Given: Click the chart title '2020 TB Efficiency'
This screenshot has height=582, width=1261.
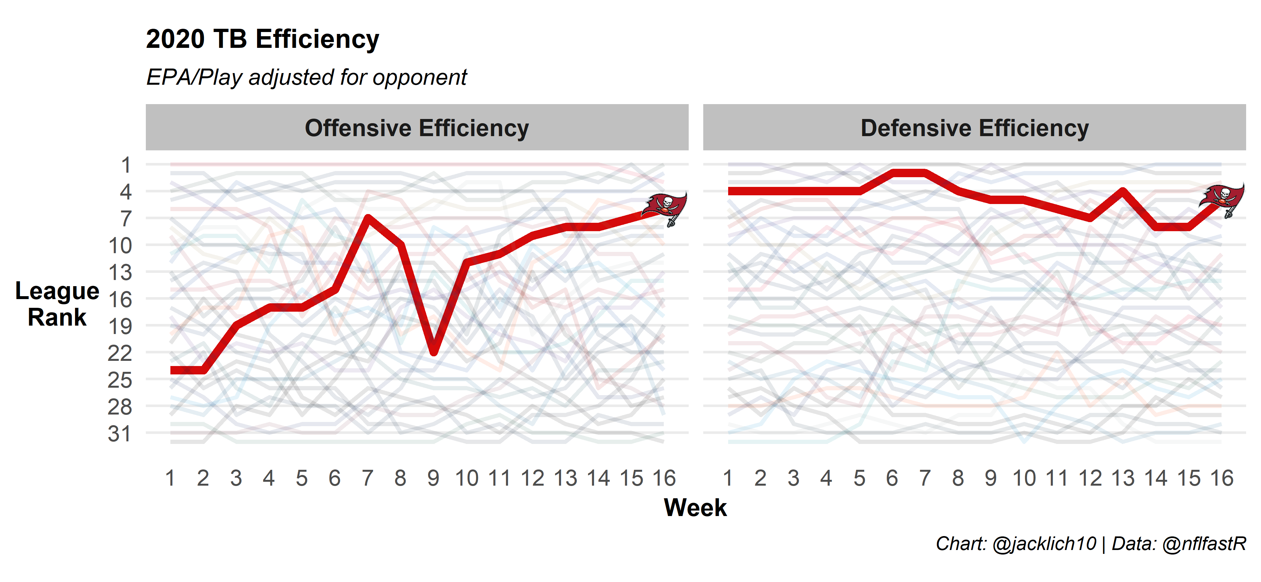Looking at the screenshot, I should (x=262, y=39).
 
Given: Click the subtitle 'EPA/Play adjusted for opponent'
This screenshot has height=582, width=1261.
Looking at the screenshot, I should (x=307, y=77).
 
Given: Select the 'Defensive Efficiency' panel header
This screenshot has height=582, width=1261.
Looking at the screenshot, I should (x=974, y=128).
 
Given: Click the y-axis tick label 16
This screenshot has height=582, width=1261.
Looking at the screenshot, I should (x=120, y=299).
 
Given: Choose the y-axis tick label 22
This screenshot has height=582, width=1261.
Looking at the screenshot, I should (x=120, y=353).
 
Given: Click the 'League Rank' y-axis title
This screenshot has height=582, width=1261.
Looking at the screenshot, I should (x=57, y=304).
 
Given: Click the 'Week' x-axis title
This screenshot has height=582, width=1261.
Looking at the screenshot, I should (x=695, y=508).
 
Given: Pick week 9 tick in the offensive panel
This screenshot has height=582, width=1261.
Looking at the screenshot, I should (x=433, y=478).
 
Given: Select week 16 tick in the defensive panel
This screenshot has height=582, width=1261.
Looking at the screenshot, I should (x=1222, y=478).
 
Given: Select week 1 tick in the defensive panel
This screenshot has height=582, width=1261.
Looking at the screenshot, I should (x=728, y=478).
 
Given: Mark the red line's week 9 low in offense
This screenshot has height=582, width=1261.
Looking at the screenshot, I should (x=434, y=352).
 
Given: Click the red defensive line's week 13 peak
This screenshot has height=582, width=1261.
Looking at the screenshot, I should (x=1123, y=191).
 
